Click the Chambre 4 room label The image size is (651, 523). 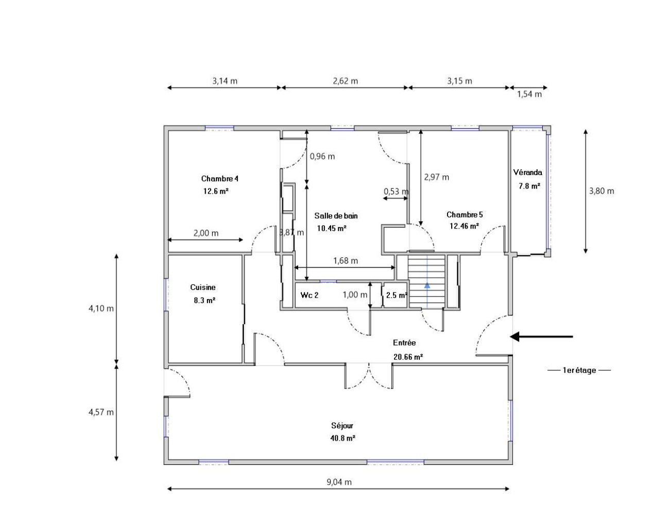219,179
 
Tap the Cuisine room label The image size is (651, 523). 203,287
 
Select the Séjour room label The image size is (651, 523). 342,426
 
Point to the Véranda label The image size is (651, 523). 527,172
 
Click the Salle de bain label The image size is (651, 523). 336,216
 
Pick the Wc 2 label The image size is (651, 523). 309,295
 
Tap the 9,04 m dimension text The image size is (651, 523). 339,482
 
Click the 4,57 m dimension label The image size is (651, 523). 101,412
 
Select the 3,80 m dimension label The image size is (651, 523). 602,191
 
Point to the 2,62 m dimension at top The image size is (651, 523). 345,81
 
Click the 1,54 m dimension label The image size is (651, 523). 529,94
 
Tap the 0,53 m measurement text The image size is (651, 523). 396,191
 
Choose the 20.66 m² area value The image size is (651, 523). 408,357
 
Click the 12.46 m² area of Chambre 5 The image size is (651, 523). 464,226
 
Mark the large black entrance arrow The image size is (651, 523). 541,336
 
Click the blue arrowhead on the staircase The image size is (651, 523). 427,285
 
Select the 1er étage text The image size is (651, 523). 579,370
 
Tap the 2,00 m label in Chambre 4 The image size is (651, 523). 205,233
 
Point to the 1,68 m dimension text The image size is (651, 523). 346,260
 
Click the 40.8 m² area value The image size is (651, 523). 342,438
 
